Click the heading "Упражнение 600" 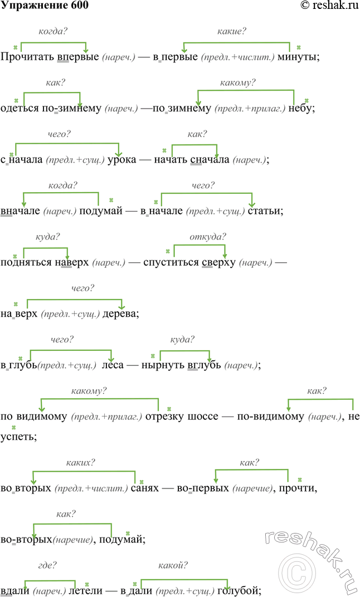(x=45, y=6)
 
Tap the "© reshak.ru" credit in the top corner (x=330, y=5)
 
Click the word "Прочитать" (x=27, y=57)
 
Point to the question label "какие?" (x=232, y=31)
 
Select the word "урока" (x=121, y=160)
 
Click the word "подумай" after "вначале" (x=100, y=211)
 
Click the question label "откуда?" (x=208, y=237)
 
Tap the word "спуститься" (x=171, y=263)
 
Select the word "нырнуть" (x=163, y=365)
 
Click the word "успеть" (x=18, y=437)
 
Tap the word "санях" (x=145, y=488)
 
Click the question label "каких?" (x=80, y=463)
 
